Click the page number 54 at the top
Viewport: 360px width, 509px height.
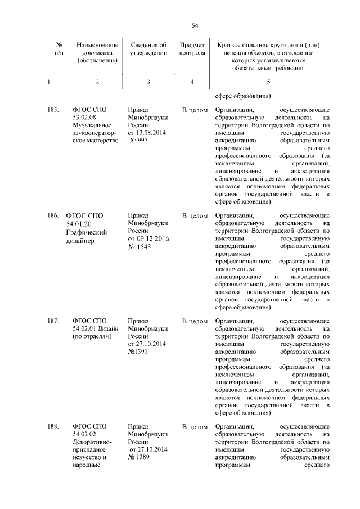[195, 25]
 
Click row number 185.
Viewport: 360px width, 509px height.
[53, 109]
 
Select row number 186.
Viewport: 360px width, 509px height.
[53, 215]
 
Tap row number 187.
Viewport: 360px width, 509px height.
[53, 321]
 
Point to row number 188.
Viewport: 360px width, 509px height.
[53, 427]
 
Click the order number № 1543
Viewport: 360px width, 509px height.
[140, 247]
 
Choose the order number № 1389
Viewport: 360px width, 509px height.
[140, 458]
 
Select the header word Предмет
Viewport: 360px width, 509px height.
[192, 45]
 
